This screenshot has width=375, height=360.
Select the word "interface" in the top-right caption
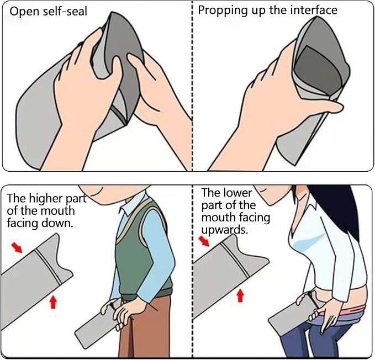[314, 10]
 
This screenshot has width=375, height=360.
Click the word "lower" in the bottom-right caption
[237, 193]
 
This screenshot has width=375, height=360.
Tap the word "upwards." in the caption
[224, 230]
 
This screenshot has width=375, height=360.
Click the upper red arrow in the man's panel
[17, 247]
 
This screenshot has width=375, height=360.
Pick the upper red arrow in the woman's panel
[204, 241]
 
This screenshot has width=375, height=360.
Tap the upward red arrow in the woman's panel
[240, 295]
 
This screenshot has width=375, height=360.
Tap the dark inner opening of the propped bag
[318, 68]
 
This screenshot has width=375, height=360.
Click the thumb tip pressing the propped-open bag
[339, 107]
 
